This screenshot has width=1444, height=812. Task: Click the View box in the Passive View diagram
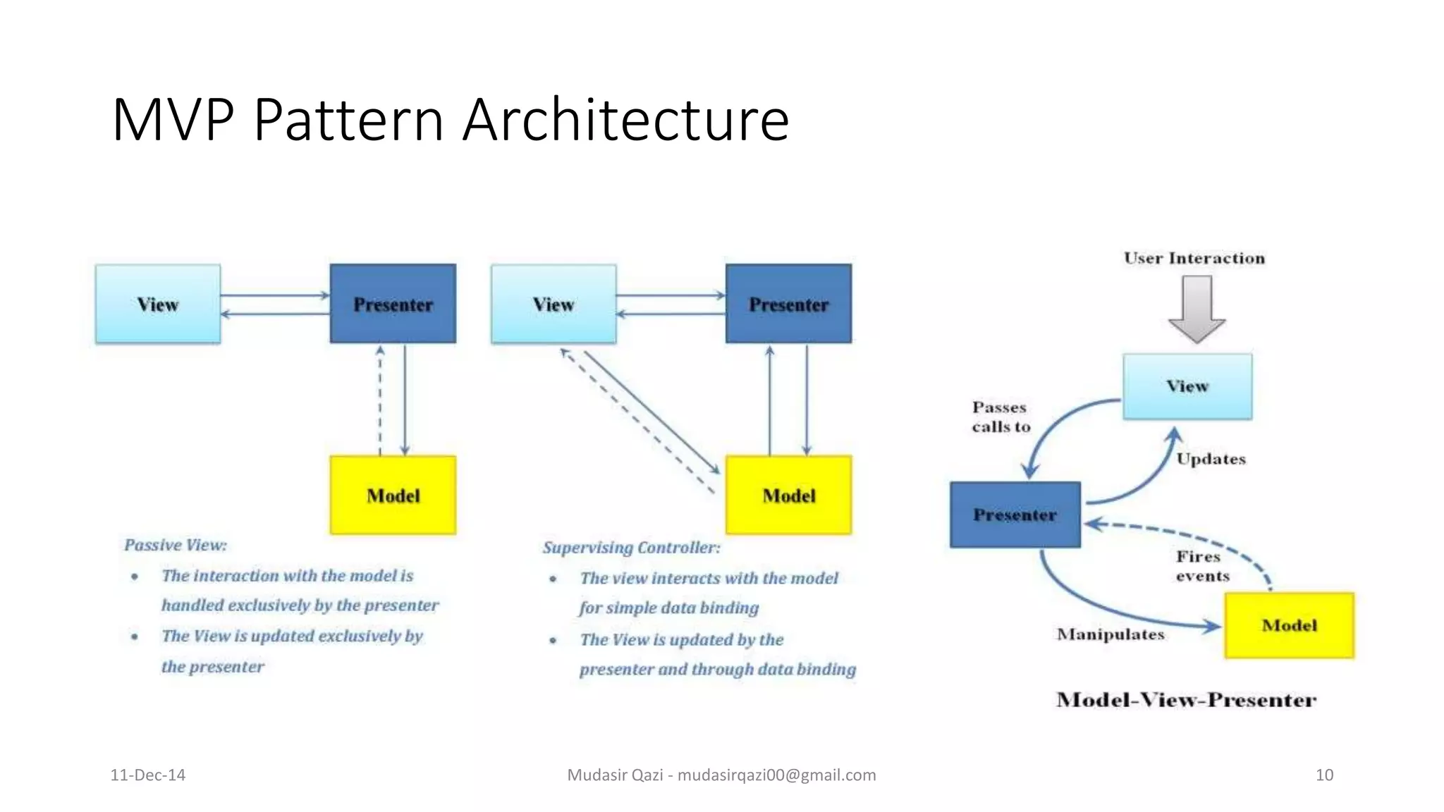[158, 304]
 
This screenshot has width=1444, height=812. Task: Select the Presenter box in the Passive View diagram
[393, 304]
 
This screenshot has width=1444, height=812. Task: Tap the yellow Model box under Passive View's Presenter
[393, 495]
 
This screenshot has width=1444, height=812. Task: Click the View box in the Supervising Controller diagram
[553, 304]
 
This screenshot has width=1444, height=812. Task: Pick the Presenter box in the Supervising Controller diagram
[788, 304]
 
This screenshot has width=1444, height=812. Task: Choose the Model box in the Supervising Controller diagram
[788, 495]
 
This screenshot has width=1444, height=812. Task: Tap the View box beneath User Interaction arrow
[1187, 386]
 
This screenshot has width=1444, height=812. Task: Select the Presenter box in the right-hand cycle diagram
[1015, 515]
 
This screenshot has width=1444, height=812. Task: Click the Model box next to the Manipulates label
[1289, 625]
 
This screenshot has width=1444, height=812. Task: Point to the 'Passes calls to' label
[1001, 417]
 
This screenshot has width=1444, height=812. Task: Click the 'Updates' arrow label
[1211, 459]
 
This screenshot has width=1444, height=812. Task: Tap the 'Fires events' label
[1202, 566]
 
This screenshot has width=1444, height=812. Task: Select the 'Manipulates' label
[1110, 634]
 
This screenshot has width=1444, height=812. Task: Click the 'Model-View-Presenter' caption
[1186, 700]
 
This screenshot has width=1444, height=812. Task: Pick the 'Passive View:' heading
[176, 545]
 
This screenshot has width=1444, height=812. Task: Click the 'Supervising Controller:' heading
[631, 548]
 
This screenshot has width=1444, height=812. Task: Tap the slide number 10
[1324, 775]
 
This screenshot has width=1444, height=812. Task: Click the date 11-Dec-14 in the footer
[148, 775]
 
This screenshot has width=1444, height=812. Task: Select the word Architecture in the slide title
[625, 120]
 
